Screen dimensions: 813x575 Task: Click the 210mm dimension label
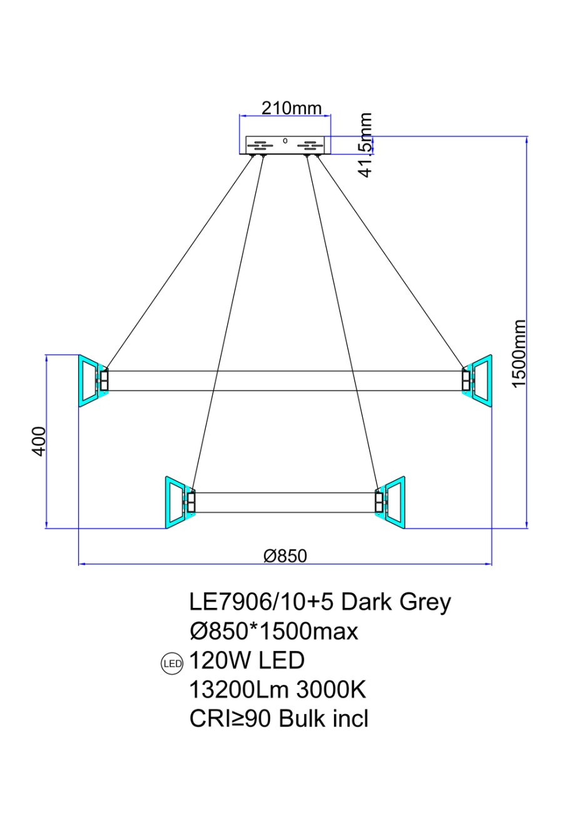pyautogui.click(x=291, y=108)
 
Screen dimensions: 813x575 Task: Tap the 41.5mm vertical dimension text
pyautogui.click(x=366, y=144)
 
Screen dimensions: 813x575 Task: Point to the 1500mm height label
pyautogui.click(x=519, y=353)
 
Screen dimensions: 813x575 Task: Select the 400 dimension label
pyautogui.click(x=38, y=441)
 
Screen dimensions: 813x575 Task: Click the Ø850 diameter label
pyautogui.click(x=285, y=555)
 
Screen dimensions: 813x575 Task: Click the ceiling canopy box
pyautogui.click(x=285, y=145)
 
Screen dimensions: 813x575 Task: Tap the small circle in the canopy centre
pyautogui.click(x=285, y=141)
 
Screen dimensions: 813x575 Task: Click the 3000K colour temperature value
pyautogui.click(x=330, y=690)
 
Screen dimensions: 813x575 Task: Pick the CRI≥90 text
pyautogui.click(x=231, y=719)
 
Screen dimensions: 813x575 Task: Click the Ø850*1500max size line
pyautogui.click(x=274, y=632)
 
